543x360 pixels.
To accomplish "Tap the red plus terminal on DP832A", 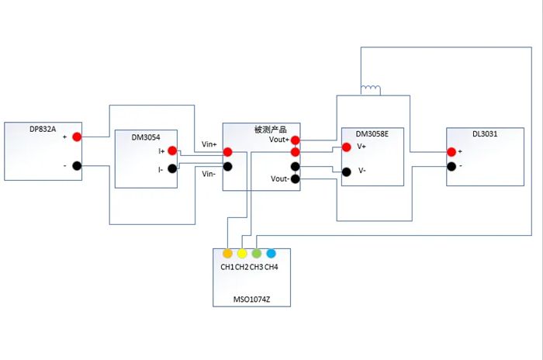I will point(77,137).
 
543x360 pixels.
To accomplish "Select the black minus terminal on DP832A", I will point(77,166).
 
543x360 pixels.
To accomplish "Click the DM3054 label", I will point(145,137).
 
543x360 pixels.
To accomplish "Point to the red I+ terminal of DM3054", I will point(172,151).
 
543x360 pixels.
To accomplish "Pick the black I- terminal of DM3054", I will point(172,168).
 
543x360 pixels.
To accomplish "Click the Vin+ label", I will point(209,144).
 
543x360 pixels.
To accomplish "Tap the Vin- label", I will point(209,174).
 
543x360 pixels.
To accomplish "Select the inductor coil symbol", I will point(371,89).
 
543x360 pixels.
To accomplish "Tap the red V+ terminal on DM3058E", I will point(347,147).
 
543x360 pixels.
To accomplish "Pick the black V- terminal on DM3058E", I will point(347,171).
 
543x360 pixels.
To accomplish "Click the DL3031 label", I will point(485,133).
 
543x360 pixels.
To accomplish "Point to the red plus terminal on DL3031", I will point(450,152).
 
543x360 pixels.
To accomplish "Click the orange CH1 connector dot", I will point(227,254).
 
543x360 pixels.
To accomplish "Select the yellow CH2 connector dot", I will point(242,254).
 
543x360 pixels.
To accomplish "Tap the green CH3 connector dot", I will point(257,254).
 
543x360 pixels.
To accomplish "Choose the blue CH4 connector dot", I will point(271,254).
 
